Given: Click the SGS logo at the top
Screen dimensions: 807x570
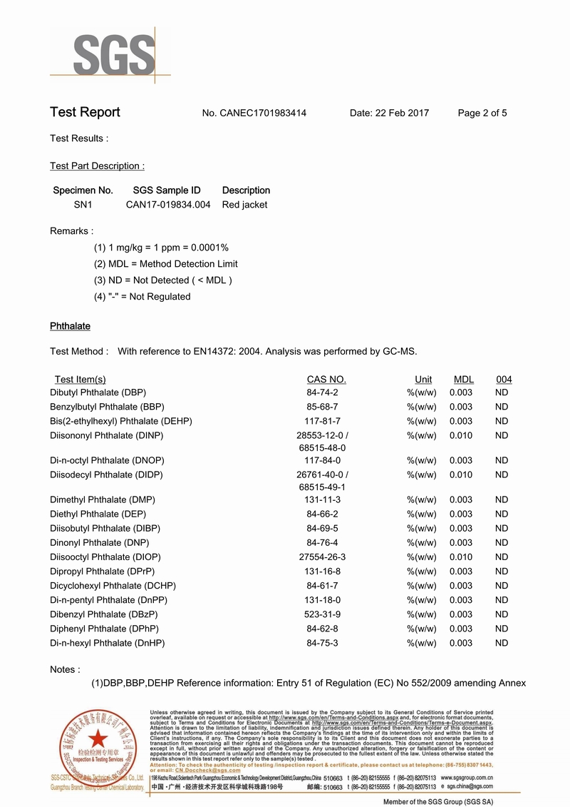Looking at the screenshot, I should tap(113, 55).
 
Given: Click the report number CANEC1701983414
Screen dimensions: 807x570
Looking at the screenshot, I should tap(264, 113).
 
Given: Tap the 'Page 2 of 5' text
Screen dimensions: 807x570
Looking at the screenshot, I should tap(482, 113).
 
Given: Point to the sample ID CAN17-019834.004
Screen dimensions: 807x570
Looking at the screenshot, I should tap(168, 205).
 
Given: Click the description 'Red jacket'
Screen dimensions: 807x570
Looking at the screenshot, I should tap(245, 205).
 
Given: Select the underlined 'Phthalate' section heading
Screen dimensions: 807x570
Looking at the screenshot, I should tap(70, 326).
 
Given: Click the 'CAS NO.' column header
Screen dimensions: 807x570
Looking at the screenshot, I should tap(326, 380).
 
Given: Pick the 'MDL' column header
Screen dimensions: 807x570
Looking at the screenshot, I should tap(464, 380).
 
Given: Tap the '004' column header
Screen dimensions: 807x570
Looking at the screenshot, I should tap(504, 380).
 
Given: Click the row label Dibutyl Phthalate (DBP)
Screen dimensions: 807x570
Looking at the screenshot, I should tap(98, 392).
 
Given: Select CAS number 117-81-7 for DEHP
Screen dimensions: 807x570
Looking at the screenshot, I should tap(322, 421).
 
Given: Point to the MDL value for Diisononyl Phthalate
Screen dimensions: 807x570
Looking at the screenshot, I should tap(460, 435).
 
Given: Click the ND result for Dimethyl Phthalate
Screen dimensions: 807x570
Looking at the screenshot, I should tap(502, 499).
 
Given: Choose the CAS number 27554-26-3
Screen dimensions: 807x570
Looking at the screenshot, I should tap(322, 557).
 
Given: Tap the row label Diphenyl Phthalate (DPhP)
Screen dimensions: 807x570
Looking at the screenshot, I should tap(104, 629).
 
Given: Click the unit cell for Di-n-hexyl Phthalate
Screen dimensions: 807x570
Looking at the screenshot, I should tap(421, 643).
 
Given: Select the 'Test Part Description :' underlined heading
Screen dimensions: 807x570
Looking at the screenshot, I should tap(97, 166).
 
